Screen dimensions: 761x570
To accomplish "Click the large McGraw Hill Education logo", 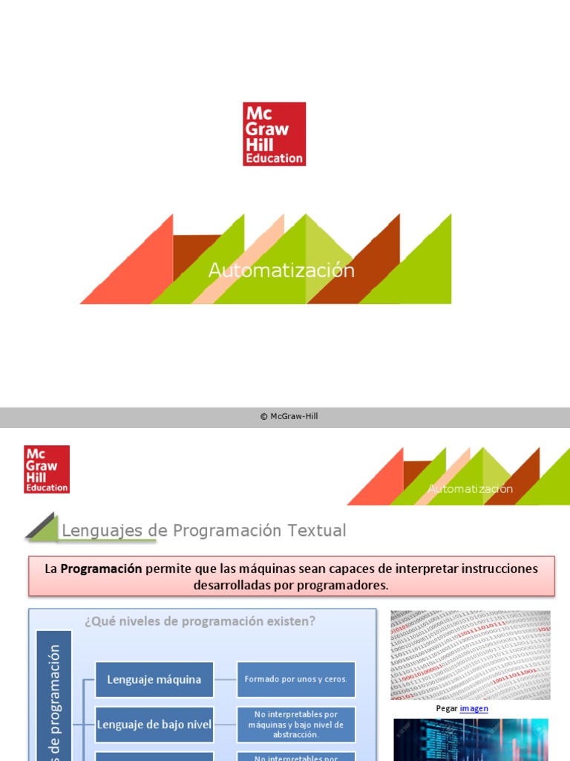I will click(274, 134).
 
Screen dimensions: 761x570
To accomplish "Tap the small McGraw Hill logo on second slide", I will click(47, 469).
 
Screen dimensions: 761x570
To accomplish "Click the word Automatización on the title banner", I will click(281, 271).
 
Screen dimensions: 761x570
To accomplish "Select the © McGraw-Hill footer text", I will click(289, 417).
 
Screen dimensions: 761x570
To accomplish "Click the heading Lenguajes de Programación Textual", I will click(203, 531).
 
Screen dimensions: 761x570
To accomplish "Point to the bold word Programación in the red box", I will click(101, 569).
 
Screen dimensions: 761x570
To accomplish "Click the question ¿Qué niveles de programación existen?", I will click(200, 621).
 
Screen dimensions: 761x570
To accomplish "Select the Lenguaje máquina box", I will click(154, 679).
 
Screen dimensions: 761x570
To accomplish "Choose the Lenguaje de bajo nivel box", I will click(154, 725).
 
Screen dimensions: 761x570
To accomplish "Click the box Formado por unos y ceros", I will click(296, 679).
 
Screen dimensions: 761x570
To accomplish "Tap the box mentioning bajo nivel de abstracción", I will click(296, 725).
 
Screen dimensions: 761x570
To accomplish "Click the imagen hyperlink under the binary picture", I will click(474, 708).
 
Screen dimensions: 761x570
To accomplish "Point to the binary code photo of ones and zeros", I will click(471, 655).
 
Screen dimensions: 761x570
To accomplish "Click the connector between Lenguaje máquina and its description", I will click(225, 679).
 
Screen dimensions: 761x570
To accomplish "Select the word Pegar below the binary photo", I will click(447, 708).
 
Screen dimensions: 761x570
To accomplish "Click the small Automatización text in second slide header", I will click(470, 489).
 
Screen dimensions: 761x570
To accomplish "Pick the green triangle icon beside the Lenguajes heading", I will click(42, 527).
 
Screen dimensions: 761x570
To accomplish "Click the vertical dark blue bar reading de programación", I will click(54, 695).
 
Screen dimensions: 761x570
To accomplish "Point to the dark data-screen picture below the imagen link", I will click(471, 739).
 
